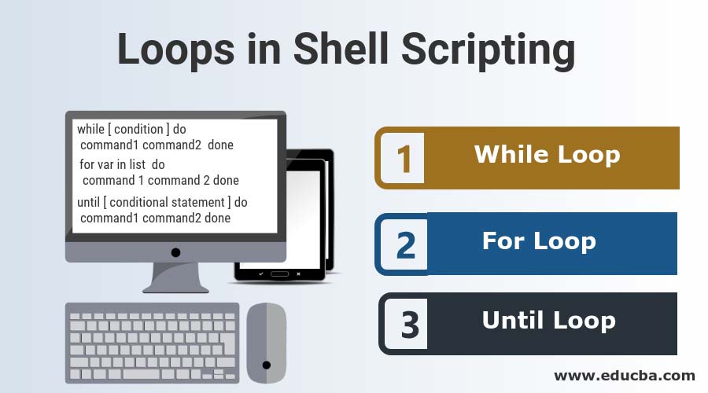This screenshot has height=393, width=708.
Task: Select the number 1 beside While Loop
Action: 404,159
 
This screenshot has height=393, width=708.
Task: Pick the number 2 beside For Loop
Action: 406,244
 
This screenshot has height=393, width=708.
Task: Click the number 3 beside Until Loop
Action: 409,325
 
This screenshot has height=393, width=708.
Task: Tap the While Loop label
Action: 547,154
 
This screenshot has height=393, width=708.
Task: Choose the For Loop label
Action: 539,241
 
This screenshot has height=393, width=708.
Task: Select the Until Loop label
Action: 548,320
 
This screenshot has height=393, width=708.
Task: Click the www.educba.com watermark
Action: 625,375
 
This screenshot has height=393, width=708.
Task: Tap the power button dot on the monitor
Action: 175,252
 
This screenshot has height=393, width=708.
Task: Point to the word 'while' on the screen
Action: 91,129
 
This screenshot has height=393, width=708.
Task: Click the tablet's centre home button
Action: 280,274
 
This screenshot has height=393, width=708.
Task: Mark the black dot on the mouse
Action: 267,365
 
